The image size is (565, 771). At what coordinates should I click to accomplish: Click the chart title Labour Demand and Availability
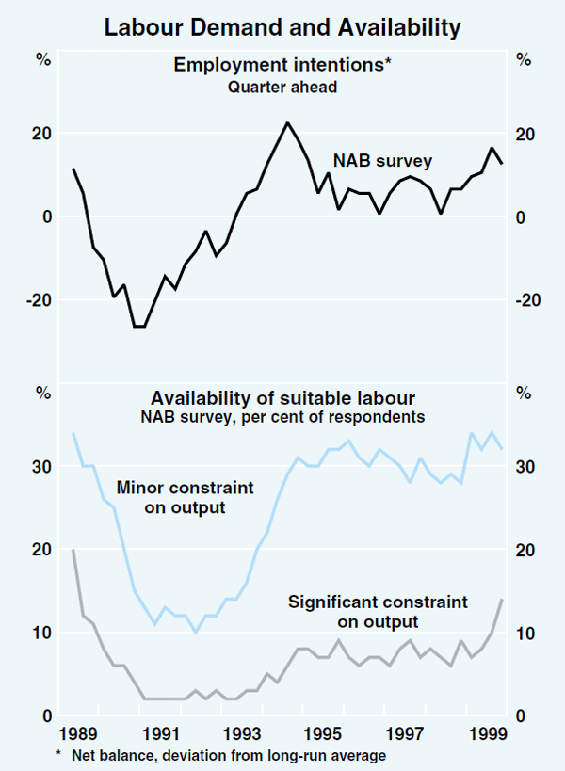[282, 28]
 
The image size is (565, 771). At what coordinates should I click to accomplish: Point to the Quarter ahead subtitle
[282, 88]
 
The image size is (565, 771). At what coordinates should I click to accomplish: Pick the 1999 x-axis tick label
[485, 734]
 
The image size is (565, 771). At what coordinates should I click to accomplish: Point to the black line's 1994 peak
[287, 122]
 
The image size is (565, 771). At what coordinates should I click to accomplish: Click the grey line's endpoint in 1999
[502, 600]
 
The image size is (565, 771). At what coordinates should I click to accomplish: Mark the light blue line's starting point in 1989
[73, 433]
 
